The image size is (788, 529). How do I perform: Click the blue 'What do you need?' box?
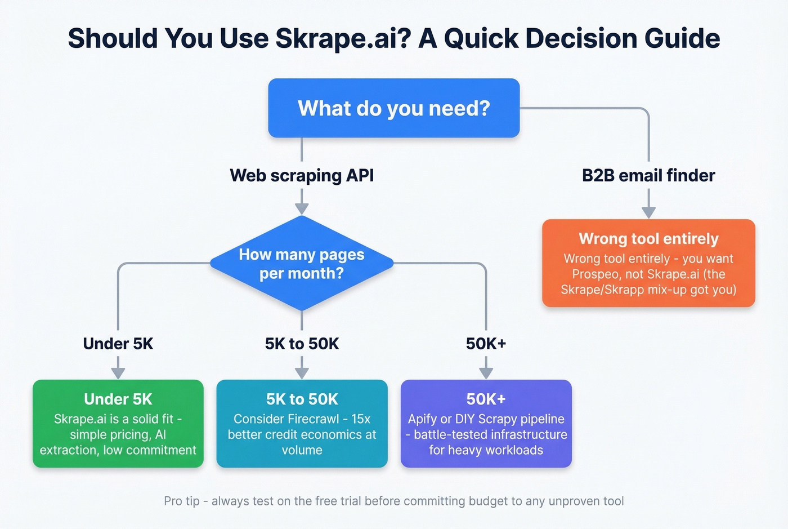pyautogui.click(x=393, y=108)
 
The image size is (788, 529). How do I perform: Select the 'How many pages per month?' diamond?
pyautogui.click(x=302, y=264)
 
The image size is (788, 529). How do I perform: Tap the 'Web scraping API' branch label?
pyautogui.click(x=302, y=175)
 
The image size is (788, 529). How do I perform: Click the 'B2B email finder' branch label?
pyautogui.click(x=648, y=175)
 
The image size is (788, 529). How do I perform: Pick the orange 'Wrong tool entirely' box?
pyautogui.click(x=648, y=263)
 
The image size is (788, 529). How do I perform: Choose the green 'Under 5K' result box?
pyautogui.click(x=118, y=424)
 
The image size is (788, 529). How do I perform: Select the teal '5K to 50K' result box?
pyautogui.click(x=302, y=424)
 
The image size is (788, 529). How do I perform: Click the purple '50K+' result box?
pyautogui.click(x=486, y=424)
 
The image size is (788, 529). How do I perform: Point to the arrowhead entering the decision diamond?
pyautogui.click(x=302, y=209)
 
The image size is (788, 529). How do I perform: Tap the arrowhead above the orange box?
pyautogui.click(x=648, y=212)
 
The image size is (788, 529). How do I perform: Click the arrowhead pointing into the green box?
pyautogui.click(x=118, y=373)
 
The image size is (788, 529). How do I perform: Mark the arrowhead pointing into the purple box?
pyautogui.click(x=486, y=373)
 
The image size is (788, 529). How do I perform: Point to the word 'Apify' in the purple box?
pyautogui.click(x=422, y=419)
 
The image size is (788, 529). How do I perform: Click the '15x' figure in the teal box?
pyautogui.click(x=361, y=419)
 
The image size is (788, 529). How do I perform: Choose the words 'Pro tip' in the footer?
pyautogui.click(x=181, y=501)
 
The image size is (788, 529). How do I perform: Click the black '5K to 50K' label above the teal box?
pyautogui.click(x=302, y=344)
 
